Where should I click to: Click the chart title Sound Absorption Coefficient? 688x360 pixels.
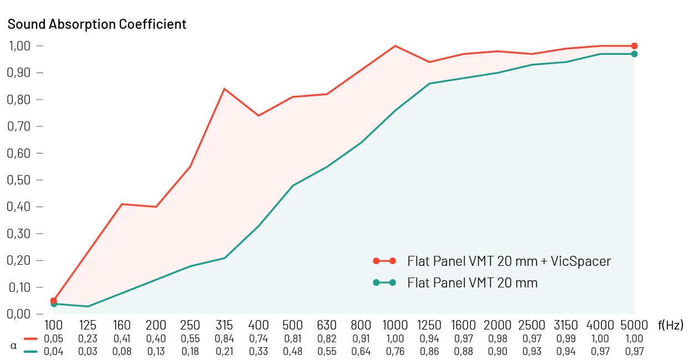pyautogui.click(x=97, y=24)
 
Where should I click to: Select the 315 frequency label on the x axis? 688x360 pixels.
pyautogui.click(x=224, y=325)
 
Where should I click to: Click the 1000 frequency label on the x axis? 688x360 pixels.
pyautogui.click(x=395, y=325)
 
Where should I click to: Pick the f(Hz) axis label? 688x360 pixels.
pyautogui.click(x=670, y=325)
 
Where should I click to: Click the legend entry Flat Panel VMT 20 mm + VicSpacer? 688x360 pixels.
pyautogui.click(x=509, y=261)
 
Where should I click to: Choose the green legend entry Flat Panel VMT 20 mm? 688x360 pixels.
pyautogui.click(x=472, y=283)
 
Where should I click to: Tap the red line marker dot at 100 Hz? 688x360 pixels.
pyautogui.click(x=54, y=301)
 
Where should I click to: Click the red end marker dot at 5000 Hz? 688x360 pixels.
pyautogui.click(x=634, y=46)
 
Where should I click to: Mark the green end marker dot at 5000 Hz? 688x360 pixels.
pyautogui.click(x=634, y=54)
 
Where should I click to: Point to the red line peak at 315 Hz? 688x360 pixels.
pyautogui.click(x=224, y=89)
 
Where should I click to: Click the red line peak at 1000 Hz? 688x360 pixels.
pyautogui.click(x=395, y=46)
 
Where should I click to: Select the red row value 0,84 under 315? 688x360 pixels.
pyautogui.click(x=224, y=338)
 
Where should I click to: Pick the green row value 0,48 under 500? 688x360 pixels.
pyautogui.click(x=292, y=351)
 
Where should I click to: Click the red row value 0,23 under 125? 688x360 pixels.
pyautogui.click(x=88, y=338)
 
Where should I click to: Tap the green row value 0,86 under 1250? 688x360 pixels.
pyautogui.click(x=429, y=351)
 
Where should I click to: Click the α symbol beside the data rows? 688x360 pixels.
pyautogui.click(x=14, y=345)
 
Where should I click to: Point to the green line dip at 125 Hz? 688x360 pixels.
pyautogui.click(x=88, y=306)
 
